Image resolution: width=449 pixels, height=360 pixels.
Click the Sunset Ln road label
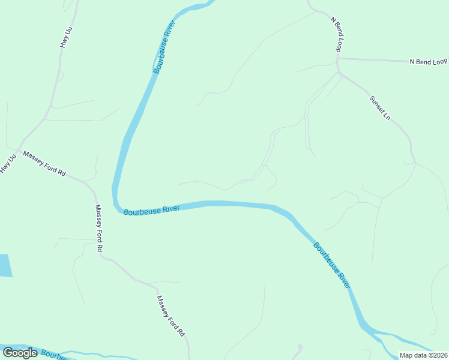tap(379, 107)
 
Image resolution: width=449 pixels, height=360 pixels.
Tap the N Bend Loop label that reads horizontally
tap(429, 62)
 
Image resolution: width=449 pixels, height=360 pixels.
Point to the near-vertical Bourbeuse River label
tap(164, 47)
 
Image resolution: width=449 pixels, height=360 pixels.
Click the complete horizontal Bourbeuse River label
tap(151, 210)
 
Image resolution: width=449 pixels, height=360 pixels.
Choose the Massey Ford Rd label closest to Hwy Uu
tap(44, 163)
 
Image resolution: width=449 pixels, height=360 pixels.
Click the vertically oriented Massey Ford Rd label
tap(99, 228)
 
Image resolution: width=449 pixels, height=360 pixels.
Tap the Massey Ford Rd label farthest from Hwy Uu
tap(170, 316)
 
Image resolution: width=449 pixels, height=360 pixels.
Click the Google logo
tap(20, 353)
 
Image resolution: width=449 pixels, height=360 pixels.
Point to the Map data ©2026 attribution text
tap(424, 355)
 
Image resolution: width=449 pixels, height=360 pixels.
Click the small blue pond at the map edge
tap(5, 266)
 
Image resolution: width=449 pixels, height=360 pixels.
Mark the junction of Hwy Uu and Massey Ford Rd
tap(20, 148)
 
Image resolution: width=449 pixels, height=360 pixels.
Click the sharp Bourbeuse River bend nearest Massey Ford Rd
tap(116, 201)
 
